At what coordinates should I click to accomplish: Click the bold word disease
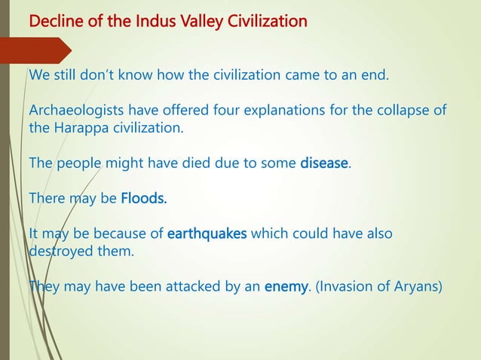[x=323, y=162]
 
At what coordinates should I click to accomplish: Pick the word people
[x=82, y=162]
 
